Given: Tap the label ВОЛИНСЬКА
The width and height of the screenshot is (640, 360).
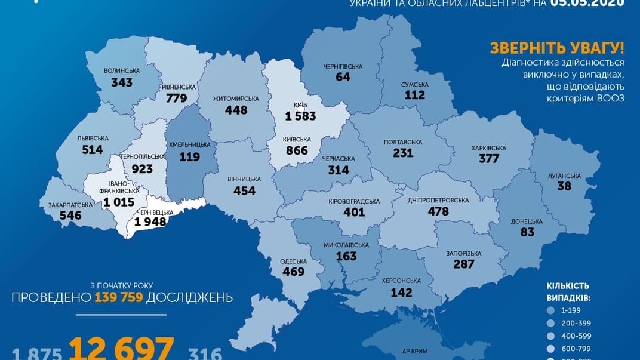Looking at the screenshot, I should pyautogui.click(x=122, y=70).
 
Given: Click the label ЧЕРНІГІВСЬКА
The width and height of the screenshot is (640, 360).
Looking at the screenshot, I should pyautogui.click(x=343, y=66).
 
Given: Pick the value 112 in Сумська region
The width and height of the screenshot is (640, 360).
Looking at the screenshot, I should pyautogui.click(x=414, y=95).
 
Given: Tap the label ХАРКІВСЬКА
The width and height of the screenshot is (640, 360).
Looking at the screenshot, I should pyautogui.click(x=488, y=148).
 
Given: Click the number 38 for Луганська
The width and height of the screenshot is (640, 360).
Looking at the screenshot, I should pyautogui.click(x=565, y=186).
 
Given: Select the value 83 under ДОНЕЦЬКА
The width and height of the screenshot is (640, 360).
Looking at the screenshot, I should pyautogui.click(x=527, y=232).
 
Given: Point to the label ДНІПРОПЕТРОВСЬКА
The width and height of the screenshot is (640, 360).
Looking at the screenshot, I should pyautogui.click(x=438, y=200).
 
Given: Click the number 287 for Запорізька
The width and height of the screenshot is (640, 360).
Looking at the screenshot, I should pyautogui.click(x=463, y=264).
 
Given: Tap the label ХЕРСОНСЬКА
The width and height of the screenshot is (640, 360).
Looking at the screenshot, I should pyautogui.click(x=401, y=281).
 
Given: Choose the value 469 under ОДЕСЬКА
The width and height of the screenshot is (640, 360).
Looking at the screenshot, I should pyautogui.click(x=293, y=272).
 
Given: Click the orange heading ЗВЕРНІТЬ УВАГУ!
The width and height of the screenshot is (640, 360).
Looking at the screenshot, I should pyautogui.click(x=556, y=48).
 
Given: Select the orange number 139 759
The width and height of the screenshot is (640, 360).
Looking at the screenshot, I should pyautogui.click(x=118, y=297).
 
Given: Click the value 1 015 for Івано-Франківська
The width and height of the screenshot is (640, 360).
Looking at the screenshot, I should pyautogui.click(x=119, y=202).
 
